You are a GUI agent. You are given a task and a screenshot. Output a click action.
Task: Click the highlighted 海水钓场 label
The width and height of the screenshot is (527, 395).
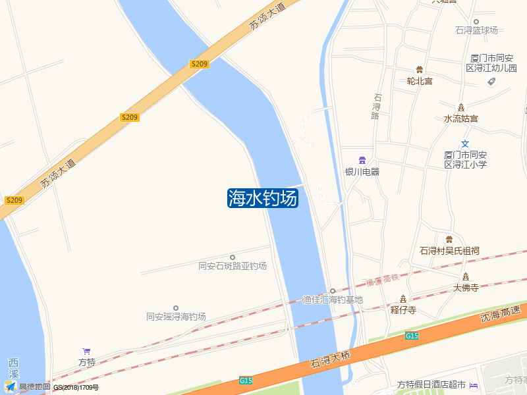click(263, 198)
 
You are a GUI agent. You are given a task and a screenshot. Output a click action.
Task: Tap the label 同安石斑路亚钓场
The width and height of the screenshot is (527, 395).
click(233, 266)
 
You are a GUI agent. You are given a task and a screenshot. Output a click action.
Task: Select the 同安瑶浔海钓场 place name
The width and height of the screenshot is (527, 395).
click(176, 317)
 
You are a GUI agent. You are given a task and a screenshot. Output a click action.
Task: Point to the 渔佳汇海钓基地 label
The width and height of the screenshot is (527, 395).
click(333, 300)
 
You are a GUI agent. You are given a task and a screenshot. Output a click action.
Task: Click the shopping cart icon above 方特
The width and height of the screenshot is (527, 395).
click(86, 352)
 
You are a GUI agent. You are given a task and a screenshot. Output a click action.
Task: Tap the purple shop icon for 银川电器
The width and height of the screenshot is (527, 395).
click(362, 161)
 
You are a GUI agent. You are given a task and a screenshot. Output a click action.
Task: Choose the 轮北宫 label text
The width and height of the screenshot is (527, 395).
click(420, 82)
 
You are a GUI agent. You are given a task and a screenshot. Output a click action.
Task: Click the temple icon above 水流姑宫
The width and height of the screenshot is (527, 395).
click(461, 108)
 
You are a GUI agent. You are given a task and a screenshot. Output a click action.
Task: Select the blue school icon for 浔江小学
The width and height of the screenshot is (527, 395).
click(465, 144)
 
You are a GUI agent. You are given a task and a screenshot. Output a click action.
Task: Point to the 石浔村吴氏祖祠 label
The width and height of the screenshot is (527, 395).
click(449, 251)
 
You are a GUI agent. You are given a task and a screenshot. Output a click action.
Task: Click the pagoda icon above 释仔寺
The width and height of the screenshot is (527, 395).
click(403, 299)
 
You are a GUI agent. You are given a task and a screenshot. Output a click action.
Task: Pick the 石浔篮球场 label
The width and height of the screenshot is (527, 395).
click(476, 30)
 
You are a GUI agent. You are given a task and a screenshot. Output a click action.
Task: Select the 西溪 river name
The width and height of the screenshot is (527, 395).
click(13, 369)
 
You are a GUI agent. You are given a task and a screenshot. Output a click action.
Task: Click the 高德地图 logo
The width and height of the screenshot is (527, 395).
click(27, 387)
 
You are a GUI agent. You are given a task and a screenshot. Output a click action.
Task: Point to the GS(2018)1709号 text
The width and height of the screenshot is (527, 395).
click(76, 388)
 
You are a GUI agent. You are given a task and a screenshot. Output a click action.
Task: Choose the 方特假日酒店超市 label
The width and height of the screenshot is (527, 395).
click(431, 384)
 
